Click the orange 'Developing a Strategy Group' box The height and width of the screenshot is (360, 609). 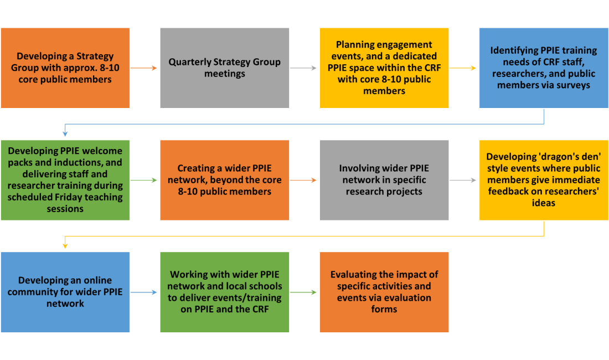coord(65,68)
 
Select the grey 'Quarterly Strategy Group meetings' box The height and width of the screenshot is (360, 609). coord(224,68)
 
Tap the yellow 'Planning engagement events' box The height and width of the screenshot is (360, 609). coord(384,68)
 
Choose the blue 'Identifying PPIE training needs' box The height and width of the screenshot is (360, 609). coord(543,68)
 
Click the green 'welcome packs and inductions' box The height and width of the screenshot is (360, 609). coord(65,179)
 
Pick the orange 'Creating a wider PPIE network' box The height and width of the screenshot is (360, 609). coord(224,179)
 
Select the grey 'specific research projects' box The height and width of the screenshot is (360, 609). coord(384,179)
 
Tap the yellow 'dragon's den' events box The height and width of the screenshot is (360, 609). coord(543,179)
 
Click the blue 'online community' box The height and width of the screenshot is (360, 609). coord(65,292)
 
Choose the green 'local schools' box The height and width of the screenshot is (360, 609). coord(224,292)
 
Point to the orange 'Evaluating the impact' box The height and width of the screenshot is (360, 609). coord(384,292)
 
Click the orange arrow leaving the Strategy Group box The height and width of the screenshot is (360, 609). coord(144,68)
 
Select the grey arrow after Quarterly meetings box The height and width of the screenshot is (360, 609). coord(304,68)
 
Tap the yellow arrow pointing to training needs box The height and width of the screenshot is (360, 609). coord(463,68)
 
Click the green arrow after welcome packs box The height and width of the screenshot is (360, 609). coord(144,180)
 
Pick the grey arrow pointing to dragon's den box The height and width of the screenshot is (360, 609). coord(463,180)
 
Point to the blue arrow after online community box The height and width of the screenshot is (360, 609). coord(144,292)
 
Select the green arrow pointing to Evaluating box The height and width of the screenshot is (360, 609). coord(304,292)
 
